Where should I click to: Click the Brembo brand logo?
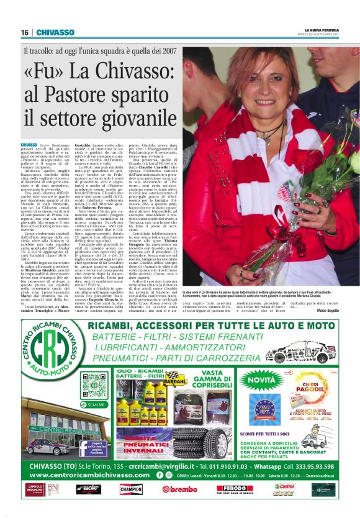pos(180,489)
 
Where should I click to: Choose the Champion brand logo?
pos(131,489)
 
